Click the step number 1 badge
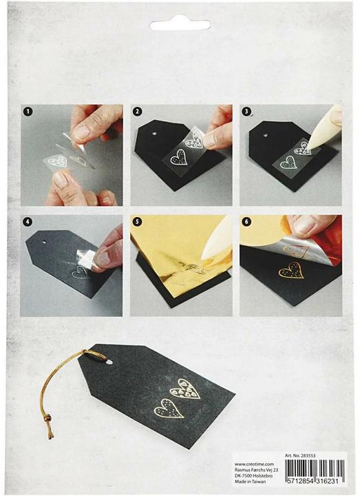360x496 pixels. (28, 110)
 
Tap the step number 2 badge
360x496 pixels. (138, 110)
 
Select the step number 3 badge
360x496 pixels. (246, 110)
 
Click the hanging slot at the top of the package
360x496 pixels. (180, 25)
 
